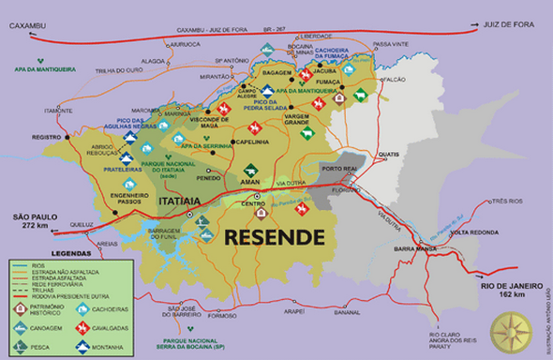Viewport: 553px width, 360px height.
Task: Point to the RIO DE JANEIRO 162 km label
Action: (x=512, y=285)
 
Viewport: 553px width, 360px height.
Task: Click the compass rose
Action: (x=513, y=328)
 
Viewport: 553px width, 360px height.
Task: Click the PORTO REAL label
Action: (x=336, y=169)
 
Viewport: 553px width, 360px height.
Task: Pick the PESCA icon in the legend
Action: (x=20, y=344)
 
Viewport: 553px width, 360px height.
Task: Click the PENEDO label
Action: (x=208, y=177)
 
